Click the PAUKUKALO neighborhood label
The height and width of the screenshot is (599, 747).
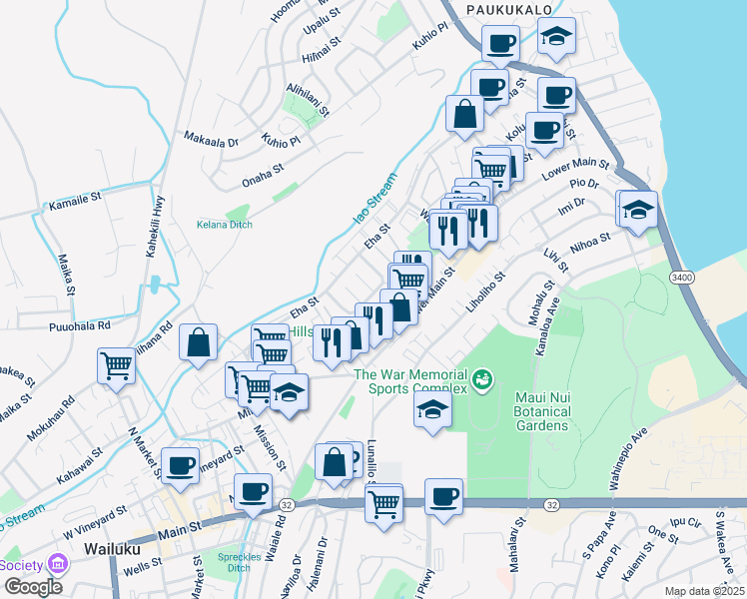click(x=511, y=9)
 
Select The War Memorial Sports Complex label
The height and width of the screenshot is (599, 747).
click(x=410, y=381)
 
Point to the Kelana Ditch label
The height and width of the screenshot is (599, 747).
click(x=225, y=225)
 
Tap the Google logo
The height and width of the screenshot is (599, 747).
click(x=32, y=587)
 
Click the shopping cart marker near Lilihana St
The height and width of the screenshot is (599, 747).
click(x=117, y=366)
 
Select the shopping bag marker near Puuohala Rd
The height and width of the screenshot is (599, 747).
click(x=199, y=342)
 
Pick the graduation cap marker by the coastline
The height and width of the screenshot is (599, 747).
click(x=638, y=210)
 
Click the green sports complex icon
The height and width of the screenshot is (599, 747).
click(x=482, y=379)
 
